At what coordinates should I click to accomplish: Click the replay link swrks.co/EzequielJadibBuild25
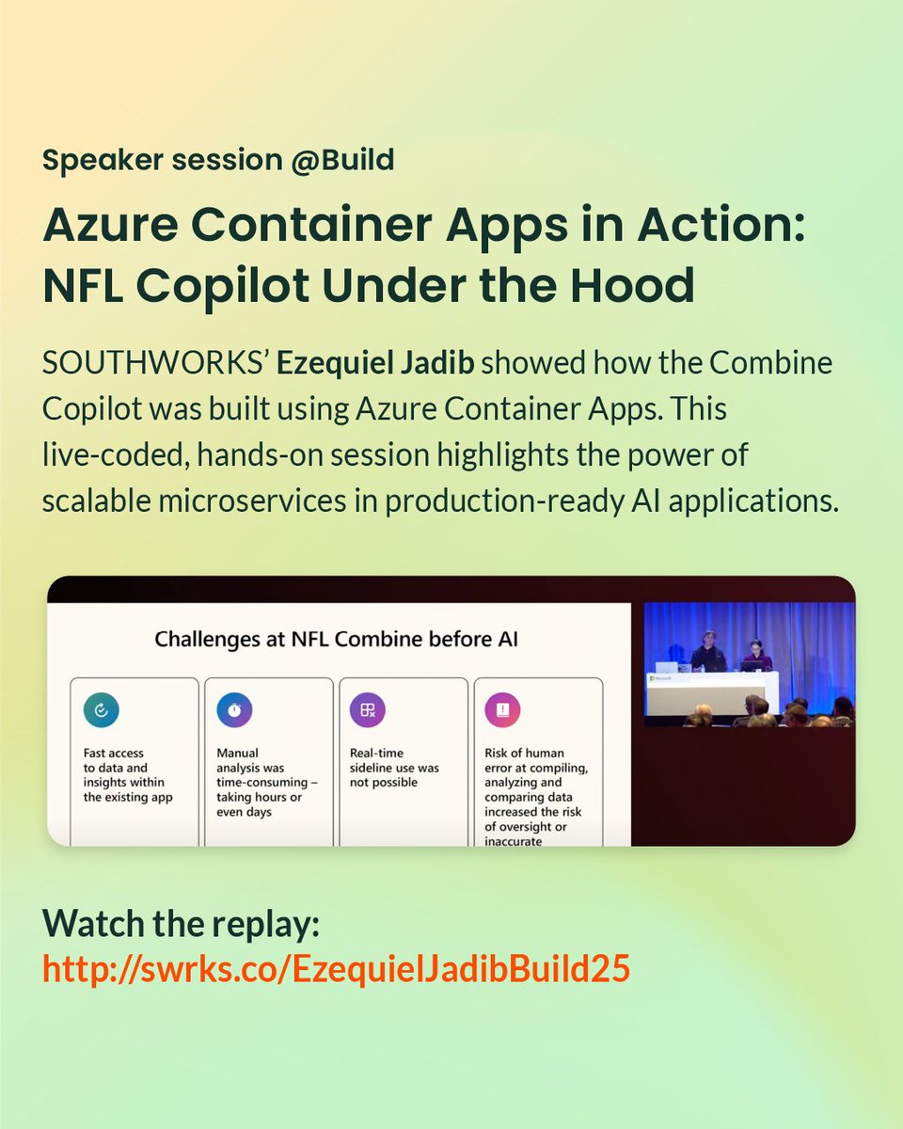pos(336,970)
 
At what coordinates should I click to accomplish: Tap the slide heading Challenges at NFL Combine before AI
pos(337,640)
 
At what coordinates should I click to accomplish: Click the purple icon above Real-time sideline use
pos(368,711)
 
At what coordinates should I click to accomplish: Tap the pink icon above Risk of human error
pos(503,712)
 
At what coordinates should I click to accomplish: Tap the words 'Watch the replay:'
pos(182,924)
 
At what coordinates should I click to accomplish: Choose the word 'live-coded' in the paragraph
pos(102,455)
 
